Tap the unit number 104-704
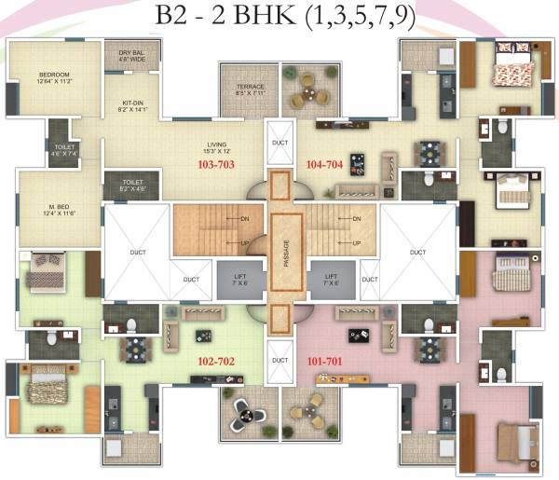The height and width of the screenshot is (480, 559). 324,163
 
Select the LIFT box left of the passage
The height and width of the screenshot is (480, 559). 233,279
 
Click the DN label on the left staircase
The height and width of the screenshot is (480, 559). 219,220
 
